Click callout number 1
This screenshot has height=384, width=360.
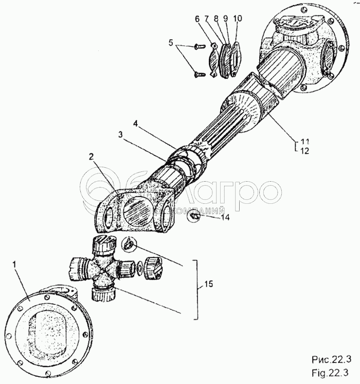14,265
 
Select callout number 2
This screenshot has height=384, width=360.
91,157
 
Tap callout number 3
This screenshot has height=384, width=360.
120,135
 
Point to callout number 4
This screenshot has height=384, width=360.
135,124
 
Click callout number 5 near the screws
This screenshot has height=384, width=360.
171,43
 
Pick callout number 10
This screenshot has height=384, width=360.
238,19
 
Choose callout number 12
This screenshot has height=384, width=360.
304,151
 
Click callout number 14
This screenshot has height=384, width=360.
225,217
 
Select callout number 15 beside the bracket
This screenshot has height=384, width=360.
208,284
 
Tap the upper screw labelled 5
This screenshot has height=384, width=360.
197,46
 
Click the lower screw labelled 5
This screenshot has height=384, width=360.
198,74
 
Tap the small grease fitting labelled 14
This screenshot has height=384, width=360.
194,217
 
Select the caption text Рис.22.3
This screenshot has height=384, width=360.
331,359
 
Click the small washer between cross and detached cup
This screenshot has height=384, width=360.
140,268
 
